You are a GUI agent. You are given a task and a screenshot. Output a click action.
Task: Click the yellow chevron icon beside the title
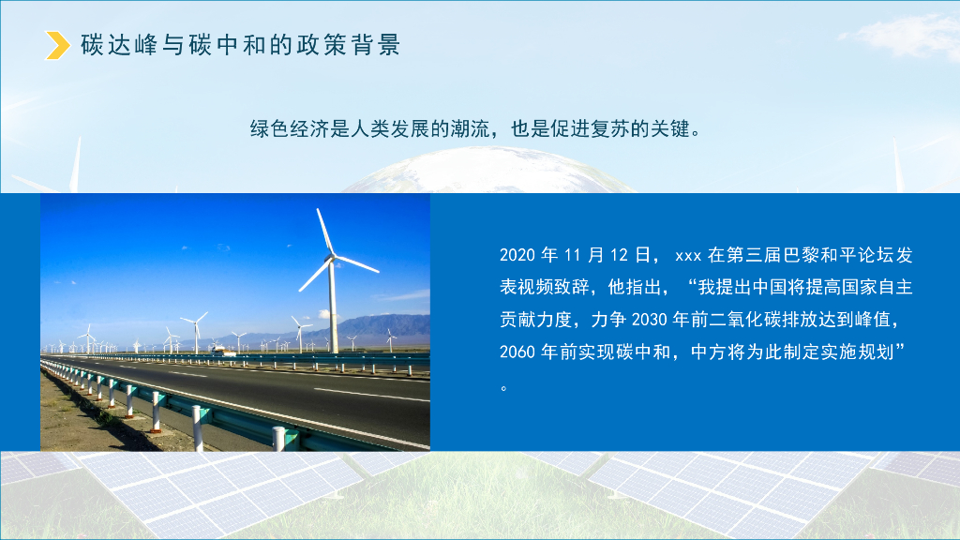click(x=58, y=45)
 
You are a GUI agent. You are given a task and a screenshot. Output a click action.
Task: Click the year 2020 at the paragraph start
click(x=517, y=255)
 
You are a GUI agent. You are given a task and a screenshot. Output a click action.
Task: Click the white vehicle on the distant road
click(x=218, y=350)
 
